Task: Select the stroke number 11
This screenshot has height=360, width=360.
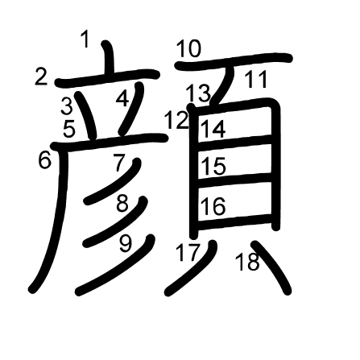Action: (256, 80)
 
